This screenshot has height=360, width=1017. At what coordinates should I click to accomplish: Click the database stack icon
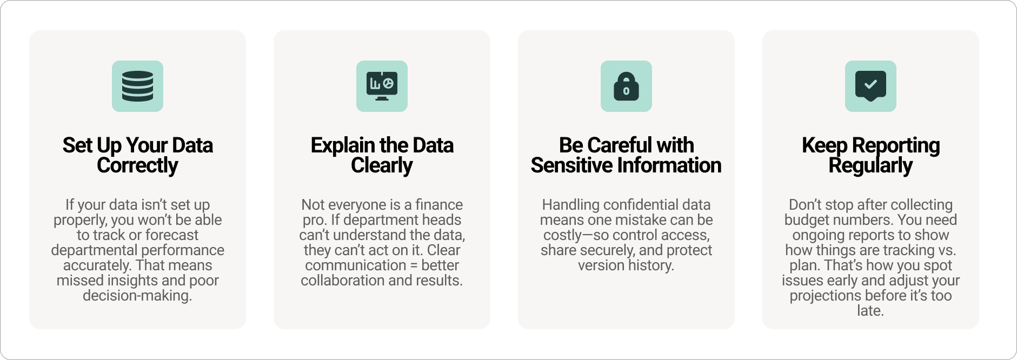tap(137, 86)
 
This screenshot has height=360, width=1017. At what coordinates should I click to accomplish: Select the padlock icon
tap(626, 86)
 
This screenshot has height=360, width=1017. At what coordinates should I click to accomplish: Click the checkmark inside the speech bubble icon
tap(870, 84)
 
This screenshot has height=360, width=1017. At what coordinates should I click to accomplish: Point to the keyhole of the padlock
tap(626, 91)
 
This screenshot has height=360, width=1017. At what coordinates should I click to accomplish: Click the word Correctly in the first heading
tap(137, 165)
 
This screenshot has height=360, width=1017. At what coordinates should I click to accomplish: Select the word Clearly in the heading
tap(382, 165)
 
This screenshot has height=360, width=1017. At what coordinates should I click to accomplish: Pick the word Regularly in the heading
tap(870, 165)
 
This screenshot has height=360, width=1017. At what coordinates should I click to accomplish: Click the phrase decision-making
tap(137, 296)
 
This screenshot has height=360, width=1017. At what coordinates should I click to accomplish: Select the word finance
tap(439, 205)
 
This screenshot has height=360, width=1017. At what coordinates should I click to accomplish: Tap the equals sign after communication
tap(414, 265)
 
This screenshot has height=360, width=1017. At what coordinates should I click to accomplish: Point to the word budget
tap(807, 220)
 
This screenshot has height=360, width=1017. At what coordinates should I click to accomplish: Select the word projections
tap(825, 296)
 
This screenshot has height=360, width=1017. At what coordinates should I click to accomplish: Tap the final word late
tap(870, 311)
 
